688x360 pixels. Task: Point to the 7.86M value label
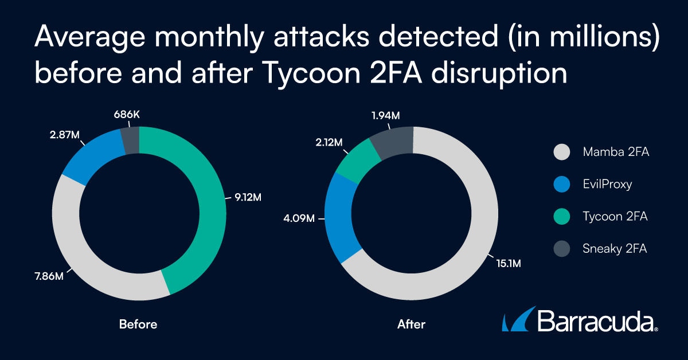coord(48,278)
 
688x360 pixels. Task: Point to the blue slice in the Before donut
coord(92,158)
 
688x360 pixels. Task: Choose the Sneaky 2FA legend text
coord(615,249)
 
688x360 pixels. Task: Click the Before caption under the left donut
coord(138,324)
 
